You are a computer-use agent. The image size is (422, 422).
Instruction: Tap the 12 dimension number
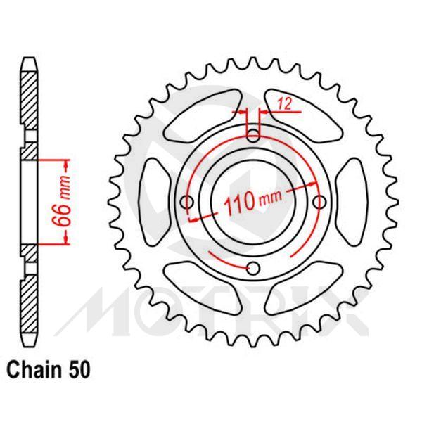point(285,103)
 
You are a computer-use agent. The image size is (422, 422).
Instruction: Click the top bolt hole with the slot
point(254,134)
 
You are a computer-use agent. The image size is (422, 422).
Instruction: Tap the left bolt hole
point(186,203)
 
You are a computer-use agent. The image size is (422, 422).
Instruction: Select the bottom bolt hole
point(254,267)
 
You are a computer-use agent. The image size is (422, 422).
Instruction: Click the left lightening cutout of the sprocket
point(156,201)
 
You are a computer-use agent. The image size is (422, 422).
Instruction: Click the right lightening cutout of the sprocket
point(352,201)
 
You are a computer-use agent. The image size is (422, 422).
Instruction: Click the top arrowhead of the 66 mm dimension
point(68,162)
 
